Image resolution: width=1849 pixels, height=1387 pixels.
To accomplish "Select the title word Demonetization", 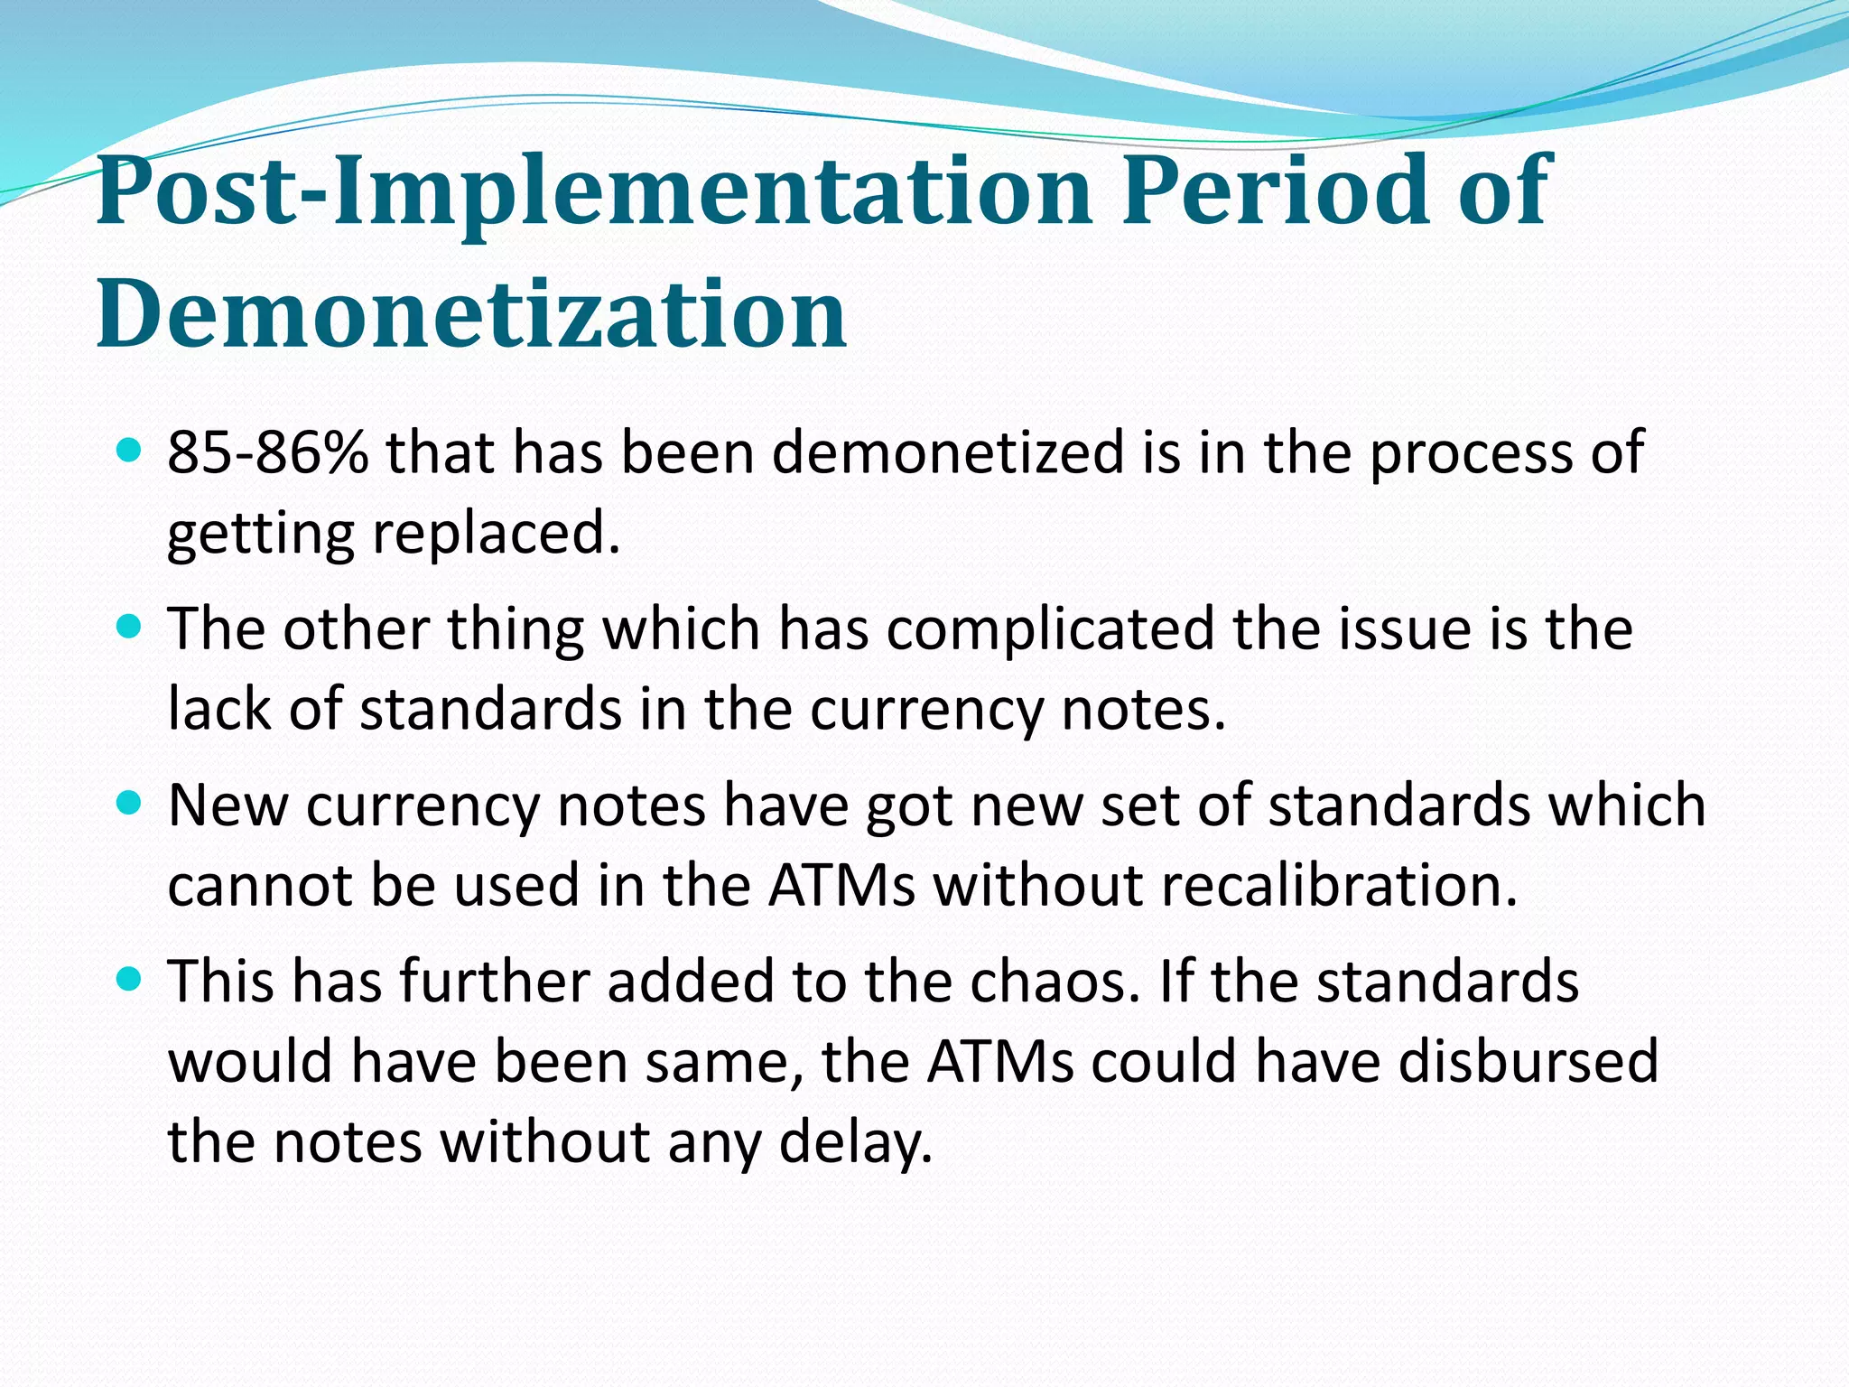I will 471,313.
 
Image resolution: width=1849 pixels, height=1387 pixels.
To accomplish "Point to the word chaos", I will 1049,982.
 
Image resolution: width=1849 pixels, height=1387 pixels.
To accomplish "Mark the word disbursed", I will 1528,1062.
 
